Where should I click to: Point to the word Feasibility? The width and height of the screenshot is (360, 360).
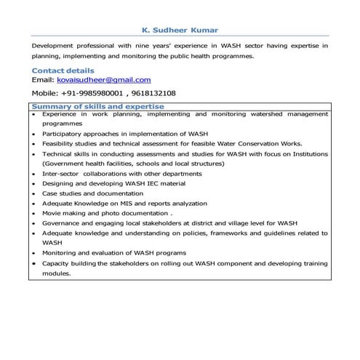pyautogui.click(x=60, y=145)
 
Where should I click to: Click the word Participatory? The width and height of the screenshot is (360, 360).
pyautogui.click(x=63, y=135)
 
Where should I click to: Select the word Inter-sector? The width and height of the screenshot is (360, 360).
pyautogui.click(x=61, y=175)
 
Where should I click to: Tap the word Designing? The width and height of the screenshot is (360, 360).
pyautogui.click(x=58, y=184)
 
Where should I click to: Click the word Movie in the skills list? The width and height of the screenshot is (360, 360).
pyautogui.click(x=52, y=214)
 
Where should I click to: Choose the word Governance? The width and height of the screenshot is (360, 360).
pyautogui.click(x=61, y=223)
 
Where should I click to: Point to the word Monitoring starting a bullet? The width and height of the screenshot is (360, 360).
pyautogui.click(x=60, y=253)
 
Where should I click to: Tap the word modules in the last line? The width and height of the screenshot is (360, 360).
pyautogui.click(x=57, y=273)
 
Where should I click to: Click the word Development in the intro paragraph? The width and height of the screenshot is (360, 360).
pyautogui.click(x=55, y=46)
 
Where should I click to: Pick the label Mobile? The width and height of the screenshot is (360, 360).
pyautogui.click(x=44, y=94)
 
